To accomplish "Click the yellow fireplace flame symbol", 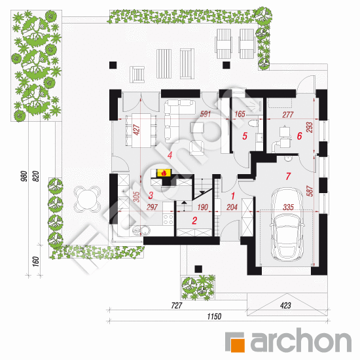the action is [164, 173].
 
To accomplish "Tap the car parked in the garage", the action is [287, 225].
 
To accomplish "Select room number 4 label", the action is [170, 155].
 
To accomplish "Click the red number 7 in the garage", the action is [288, 176].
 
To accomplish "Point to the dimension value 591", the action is [206, 114].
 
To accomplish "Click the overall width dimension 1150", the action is [214, 317].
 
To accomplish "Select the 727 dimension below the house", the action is [176, 306].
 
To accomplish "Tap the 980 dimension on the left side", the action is [24, 176].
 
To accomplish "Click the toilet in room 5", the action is [253, 124].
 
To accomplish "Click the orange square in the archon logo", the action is [237, 345].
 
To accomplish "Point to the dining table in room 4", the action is [141, 130].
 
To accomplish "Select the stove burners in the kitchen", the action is [168, 219].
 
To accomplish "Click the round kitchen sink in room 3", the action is [145, 230].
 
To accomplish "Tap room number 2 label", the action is [194, 221].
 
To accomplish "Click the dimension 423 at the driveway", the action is [285, 306].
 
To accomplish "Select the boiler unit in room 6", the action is [285, 137].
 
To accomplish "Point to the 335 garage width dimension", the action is [288, 207].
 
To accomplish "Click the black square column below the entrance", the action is [198, 269].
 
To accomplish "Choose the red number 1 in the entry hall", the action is [233, 196].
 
